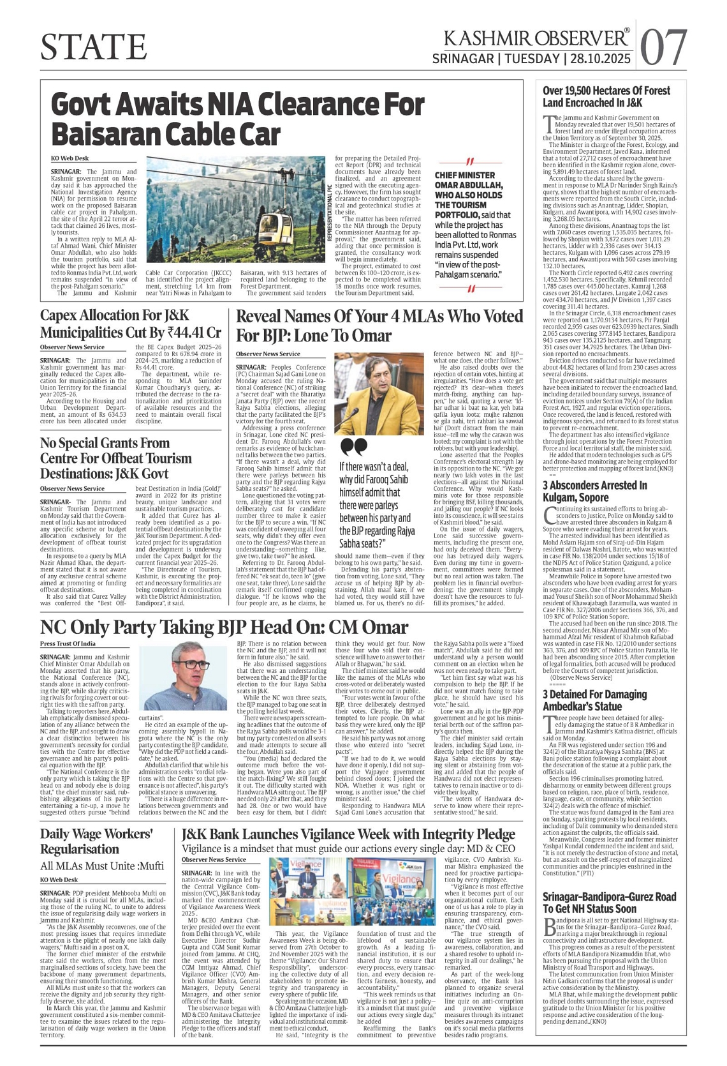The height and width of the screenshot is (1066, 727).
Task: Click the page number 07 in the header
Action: point(663,47)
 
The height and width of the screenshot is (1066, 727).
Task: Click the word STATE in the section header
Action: point(94,47)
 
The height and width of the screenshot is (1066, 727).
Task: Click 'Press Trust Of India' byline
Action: point(68,643)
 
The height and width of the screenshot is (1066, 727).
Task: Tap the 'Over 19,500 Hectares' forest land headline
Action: point(606,96)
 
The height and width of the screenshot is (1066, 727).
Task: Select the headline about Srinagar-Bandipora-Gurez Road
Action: point(609,903)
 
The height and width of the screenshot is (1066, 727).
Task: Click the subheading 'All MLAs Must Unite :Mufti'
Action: point(102,866)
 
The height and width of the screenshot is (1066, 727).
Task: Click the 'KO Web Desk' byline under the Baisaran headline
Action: point(70,158)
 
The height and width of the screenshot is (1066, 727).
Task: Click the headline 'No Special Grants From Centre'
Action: point(115,458)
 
